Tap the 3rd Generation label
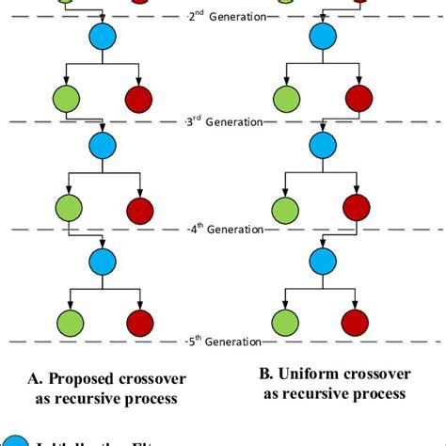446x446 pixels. (x=223, y=122)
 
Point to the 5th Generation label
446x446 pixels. (x=223, y=340)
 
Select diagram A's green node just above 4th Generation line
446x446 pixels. (x=66, y=206)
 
